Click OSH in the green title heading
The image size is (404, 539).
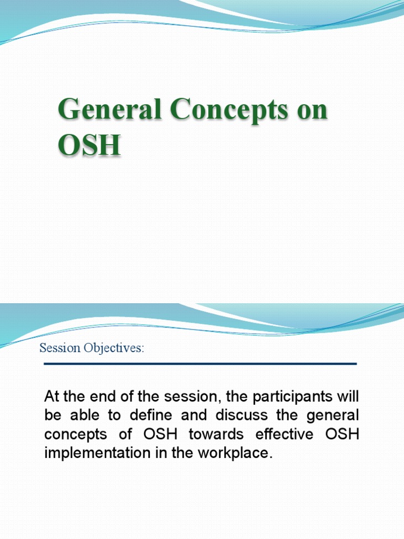(x=89, y=145)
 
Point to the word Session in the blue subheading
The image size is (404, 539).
(x=59, y=348)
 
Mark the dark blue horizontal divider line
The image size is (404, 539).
(x=200, y=364)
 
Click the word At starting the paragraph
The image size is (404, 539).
(x=52, y=396)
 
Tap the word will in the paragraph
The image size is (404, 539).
(x=348, y=396)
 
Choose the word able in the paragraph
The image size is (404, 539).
(x=79, y=415)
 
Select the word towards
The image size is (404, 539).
(x=213, y=435)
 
